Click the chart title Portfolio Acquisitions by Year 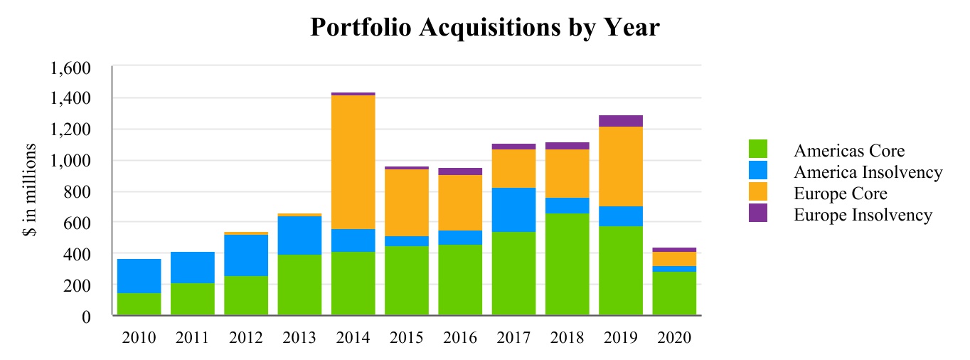(x=485, y=28)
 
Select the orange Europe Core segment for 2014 (x=353, y=162)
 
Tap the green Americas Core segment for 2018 (x=567, y=264)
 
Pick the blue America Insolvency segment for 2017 (x=513, y=210)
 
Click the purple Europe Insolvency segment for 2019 (x=621, y=121)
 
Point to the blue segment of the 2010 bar (x=139, y=276)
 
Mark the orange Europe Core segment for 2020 (x=674, y=259)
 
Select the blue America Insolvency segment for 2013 (x=299, y=235)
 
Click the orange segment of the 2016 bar (x=460, y=203)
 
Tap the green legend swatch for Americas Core (x=757, y=149)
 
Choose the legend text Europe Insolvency (x=863, y=215)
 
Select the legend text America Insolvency (x=868, y=172)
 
